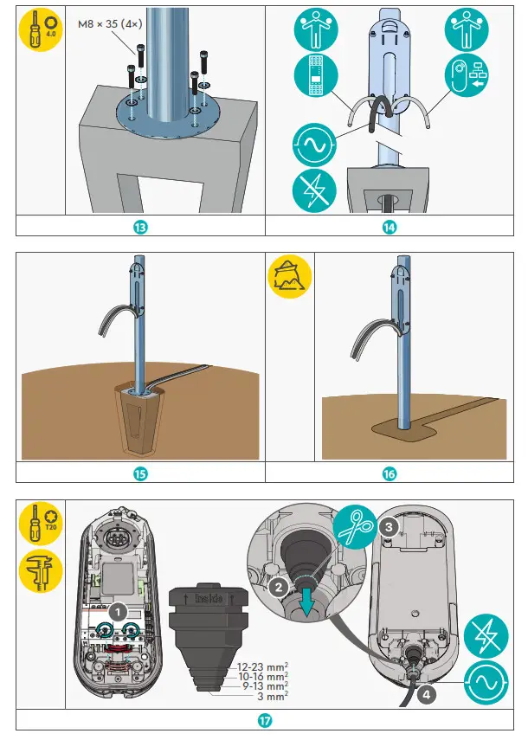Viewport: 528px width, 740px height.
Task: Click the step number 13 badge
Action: tap(140, 227)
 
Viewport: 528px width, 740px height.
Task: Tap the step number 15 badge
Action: tap(140, 473)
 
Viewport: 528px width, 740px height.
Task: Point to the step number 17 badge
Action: tap(264, 719)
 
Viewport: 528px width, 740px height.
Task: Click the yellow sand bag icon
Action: tap(290, 277)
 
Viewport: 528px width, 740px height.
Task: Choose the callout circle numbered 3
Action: tap(390, 526)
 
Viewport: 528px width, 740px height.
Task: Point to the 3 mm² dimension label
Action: tap(272, 695)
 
